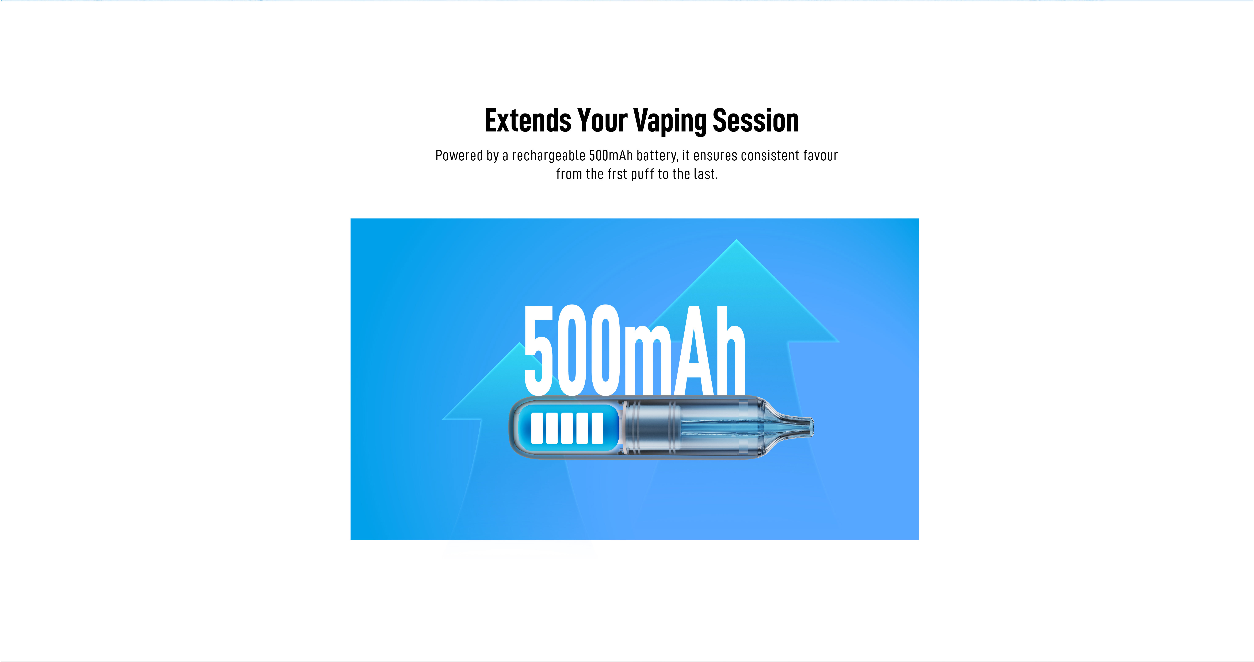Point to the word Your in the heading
click(602, 121)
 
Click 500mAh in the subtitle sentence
click(611, 156)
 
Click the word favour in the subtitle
click(820, 156)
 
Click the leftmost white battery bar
click(537, 428)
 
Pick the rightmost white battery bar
click(597, 428)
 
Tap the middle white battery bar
click(567, 428)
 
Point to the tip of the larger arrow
click(737, 240)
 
